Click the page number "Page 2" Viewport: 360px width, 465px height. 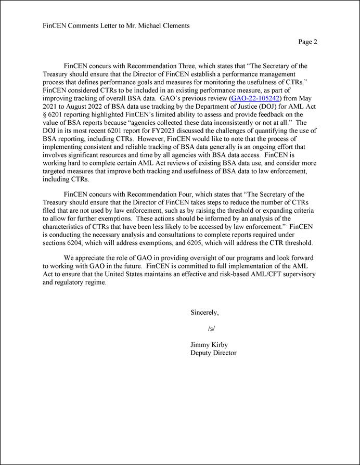pos(307,42)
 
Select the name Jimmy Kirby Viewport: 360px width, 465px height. pos(209,344)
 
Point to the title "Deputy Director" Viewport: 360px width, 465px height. pos(213,353)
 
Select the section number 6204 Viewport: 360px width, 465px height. pos(79,243)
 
